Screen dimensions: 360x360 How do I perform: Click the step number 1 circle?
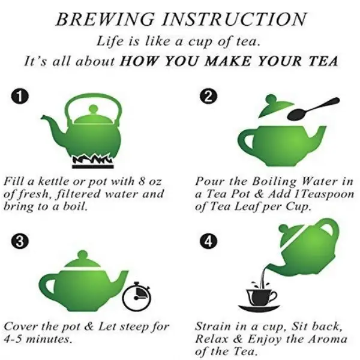click(x=20, y=97)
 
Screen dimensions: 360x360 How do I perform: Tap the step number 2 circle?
click(x=208, y=97)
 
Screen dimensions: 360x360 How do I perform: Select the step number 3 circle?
click(x=20, y=241)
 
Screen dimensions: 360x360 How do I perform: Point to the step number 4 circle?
click(x=208, y=241)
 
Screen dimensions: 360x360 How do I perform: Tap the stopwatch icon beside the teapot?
click(x=137, y=296)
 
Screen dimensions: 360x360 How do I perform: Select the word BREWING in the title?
click(x=105, y=19)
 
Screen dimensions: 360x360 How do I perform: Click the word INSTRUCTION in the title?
click(x=234, y=19)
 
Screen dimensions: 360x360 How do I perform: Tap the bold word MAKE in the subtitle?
click(x=227, y=61)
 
